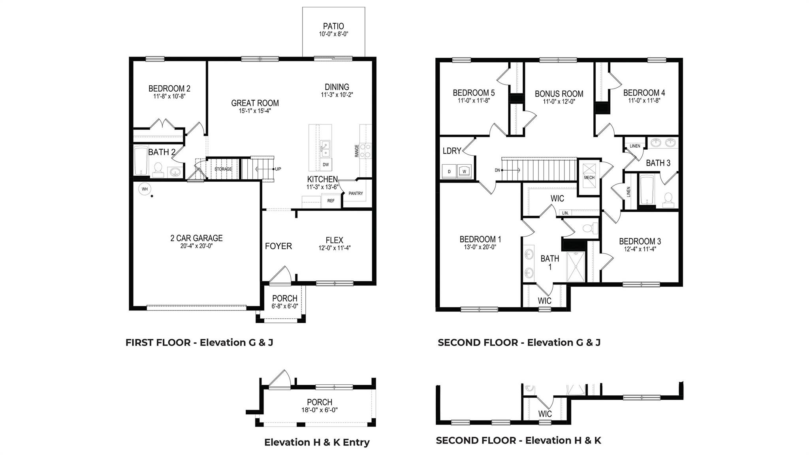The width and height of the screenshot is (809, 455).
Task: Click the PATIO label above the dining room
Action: pyautogui.click(x=333, y=26)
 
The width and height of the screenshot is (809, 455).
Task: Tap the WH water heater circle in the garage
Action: pyautogui.click(x=145, y=189)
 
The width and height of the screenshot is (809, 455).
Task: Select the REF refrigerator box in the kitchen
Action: pyautogui.click(x=331, y=201)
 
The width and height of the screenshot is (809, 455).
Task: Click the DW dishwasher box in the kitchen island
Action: pyautogui.click(x=325, y=164)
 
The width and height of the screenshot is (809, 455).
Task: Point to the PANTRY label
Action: pyautogui.click(x=356, y=194)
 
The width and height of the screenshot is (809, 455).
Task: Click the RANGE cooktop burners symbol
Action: pyautogui.click(x=365, y=150)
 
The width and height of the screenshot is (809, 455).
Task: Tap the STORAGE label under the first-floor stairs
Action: pyautogui.click(x=223, y=169)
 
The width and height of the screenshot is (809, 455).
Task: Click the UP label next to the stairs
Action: pyautogui.click(x=278, y=169)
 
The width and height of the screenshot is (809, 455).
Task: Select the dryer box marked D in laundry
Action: pyautogui.click(x=449, y=171)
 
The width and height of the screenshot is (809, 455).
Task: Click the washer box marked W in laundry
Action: pyautogui.click(x=464, y=171)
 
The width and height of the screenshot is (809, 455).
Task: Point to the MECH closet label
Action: pyautogui.click(x=589, y=177)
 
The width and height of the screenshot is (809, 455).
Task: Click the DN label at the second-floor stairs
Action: pyautogui.click(x=497, y=170)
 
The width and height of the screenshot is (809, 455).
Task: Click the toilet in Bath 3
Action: pyautogui.click(x=668, y=199)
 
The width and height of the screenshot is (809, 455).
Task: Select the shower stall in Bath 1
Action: pyautogui.click(x=577, y=267)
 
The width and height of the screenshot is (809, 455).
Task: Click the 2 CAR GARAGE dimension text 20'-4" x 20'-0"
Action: pyautogui.click(x=196, y=246)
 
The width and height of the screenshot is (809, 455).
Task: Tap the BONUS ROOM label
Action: pyautogui.click(x=559, y=94)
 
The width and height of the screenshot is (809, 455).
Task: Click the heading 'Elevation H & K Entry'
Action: pyautogui.click(x=317, y=442)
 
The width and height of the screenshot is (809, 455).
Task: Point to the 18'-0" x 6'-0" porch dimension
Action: pyautogui.click(x=319, y=410)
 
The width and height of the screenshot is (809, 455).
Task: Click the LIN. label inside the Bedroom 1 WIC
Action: pyautogui.click(x=565, y=213)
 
